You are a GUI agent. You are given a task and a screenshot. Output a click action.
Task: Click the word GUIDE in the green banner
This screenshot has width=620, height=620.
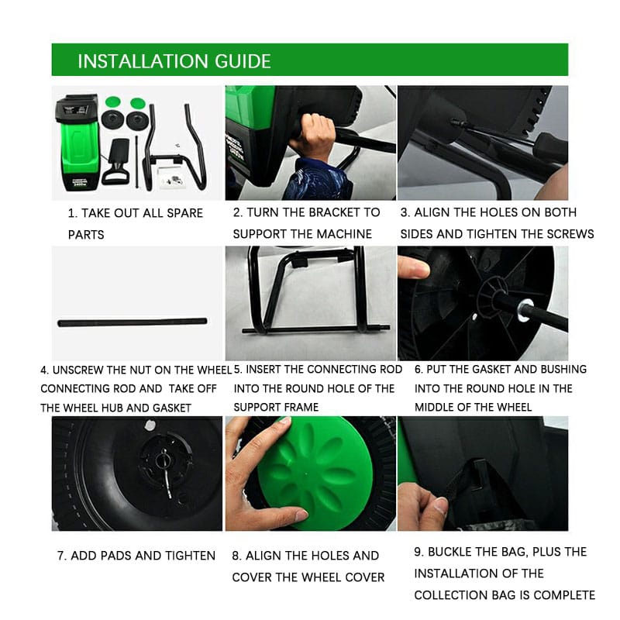pos(243,61)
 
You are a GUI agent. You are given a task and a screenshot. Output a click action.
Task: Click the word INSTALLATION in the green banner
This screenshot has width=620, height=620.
pos(143,61)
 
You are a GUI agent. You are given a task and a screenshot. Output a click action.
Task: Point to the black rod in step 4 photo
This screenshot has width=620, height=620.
pos(132,322)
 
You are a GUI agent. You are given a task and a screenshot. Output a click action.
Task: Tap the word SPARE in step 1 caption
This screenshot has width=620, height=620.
pos(184,213)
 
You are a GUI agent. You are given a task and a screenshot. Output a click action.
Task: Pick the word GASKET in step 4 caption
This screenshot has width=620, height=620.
pos(172,408)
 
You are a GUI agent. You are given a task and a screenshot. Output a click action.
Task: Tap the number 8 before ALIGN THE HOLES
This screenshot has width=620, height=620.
pos(236,556)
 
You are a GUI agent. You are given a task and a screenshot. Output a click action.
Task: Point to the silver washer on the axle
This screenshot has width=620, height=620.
pos(525,309)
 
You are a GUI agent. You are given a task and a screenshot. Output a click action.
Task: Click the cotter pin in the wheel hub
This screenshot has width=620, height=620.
pos(166,474)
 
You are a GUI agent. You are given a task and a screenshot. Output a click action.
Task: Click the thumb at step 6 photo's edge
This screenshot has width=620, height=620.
pos(413,267)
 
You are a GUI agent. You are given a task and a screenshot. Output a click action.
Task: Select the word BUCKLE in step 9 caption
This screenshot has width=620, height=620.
pos(450,552)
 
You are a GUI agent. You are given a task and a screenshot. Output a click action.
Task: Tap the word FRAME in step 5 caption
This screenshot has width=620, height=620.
pos(302,407)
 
